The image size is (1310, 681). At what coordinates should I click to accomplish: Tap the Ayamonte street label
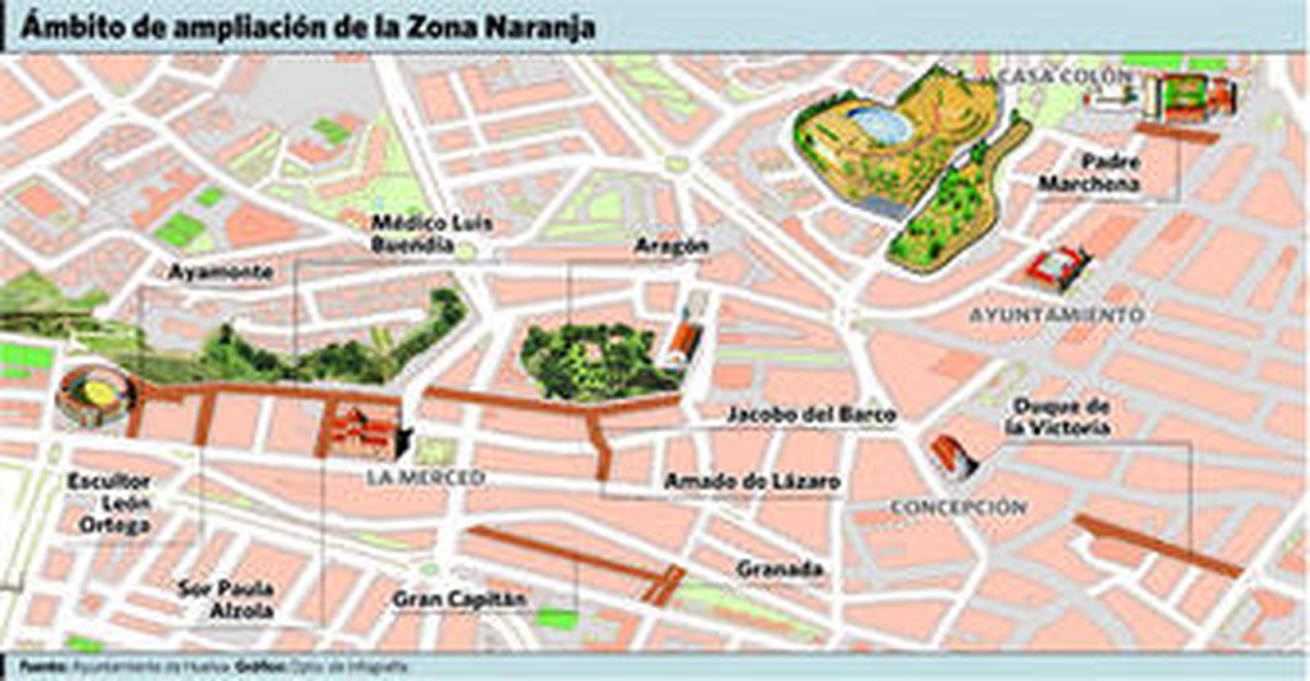(220, 271)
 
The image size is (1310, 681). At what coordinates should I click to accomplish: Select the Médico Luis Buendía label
(431, 234)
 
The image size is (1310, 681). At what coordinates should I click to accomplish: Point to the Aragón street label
(671, 246)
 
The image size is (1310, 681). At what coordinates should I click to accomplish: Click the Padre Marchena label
(1090, 173)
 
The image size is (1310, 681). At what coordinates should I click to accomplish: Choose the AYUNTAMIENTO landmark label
(1056, 315)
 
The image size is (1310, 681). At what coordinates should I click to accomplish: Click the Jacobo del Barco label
(811, 415)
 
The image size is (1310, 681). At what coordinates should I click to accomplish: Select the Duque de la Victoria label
(1059, 416)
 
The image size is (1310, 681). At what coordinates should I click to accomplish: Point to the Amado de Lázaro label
(752, 481)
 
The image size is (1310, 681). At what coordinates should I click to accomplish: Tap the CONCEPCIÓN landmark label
(958, 507)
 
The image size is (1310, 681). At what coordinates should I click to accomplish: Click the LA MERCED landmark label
(426, 477)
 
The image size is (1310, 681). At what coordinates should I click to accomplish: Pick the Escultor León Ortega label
(111, 503)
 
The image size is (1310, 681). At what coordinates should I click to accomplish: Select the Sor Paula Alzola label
(226, 600)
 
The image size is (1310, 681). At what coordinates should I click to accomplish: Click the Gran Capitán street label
(458, 599)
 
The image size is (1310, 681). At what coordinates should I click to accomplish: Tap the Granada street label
(779, 568)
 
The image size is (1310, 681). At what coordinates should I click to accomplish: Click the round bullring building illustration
(93, 396)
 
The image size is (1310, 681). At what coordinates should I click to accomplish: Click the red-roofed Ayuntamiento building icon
(1061, 266)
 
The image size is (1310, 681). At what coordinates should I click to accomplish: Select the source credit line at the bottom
(213, 667)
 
